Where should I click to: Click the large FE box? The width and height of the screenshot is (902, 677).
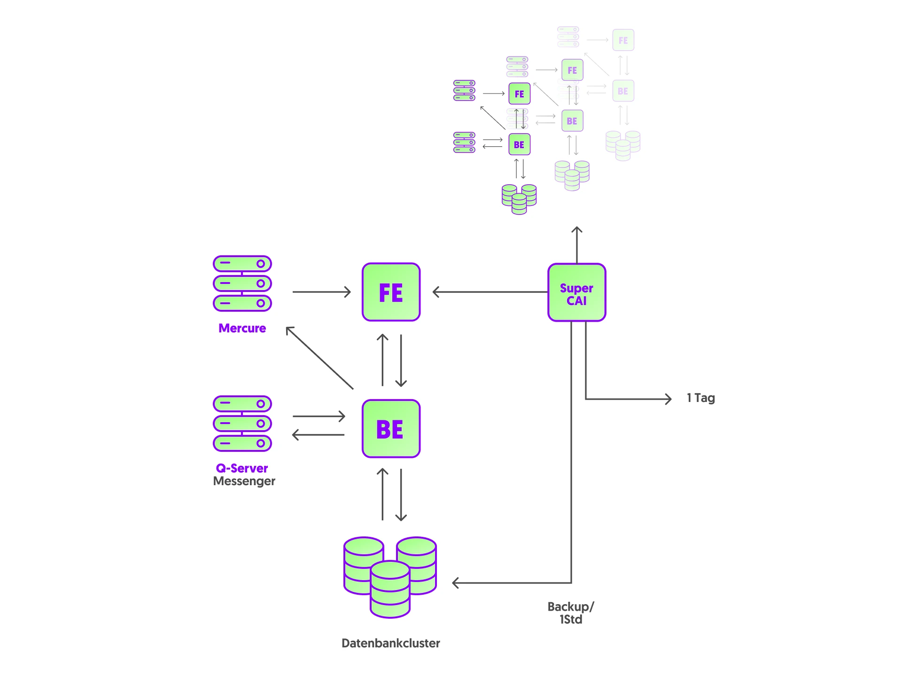pyautogui.click(x=391, y=292)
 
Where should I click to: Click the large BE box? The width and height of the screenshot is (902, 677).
pyautogui.click(x=391, y=428)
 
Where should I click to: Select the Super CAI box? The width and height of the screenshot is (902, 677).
pyautogui.click(x=576, y=292)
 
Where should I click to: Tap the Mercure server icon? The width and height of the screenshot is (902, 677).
pyautogui.click(x=242, y=283)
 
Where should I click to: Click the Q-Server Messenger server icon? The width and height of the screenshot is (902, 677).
pyautogui.click(x=242, y=423)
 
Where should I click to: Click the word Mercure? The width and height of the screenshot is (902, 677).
pyautogui.click(x=242, y=328)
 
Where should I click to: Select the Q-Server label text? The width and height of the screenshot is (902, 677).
pyautogui.click(x=242, y=468)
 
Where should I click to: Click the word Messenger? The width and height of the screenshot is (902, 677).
pyautogui.click(x=244, y=481)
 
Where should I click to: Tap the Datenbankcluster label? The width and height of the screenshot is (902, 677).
pyautogui.click(x=390, y=643)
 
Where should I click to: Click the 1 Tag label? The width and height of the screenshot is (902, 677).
pyautogui.click(x=700, y=398)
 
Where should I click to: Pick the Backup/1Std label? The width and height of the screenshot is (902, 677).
pyautogui.click(x=571, y=613)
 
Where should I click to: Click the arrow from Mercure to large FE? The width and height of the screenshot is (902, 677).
pyautogui.click(x=321, y=292)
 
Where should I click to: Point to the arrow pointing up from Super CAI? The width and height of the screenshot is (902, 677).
pyautogui.click(x=577, y=244)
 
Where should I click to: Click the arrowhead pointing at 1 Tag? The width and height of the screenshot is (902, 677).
pyautogui.click(x=668, y=399)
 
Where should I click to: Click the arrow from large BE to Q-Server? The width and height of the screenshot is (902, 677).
pyautogui.click(x=318, y=435)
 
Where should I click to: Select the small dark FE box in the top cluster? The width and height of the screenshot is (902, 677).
pyautogui.click(x=519, y=94)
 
